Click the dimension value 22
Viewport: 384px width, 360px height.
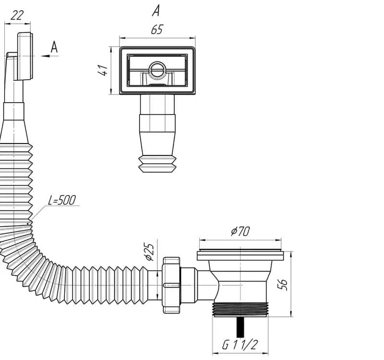[17, 16]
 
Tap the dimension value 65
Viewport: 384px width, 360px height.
[157, 30]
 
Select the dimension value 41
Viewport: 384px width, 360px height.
[103, 70]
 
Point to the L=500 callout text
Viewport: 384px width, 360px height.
[62, 200]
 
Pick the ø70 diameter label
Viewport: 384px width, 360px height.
[240, 231]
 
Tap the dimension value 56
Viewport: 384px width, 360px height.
[283, 284]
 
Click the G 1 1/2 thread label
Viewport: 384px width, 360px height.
[240, 345]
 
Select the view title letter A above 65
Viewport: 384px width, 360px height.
[156, 11]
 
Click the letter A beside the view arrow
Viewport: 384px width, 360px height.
[54, 47]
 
